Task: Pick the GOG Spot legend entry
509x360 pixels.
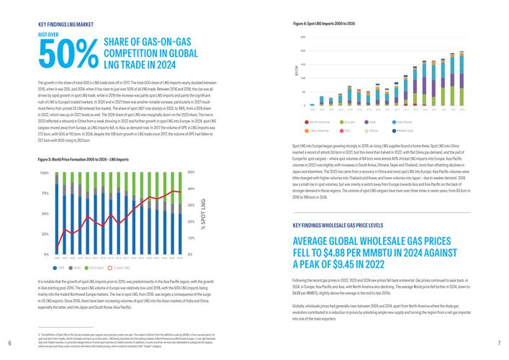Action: [x=95, y=266]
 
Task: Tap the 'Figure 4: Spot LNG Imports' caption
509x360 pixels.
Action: [x=324, y=24]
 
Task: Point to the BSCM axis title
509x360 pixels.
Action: [x=296, y=71]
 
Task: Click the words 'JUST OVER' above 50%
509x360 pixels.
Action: [x=49, y=33]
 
